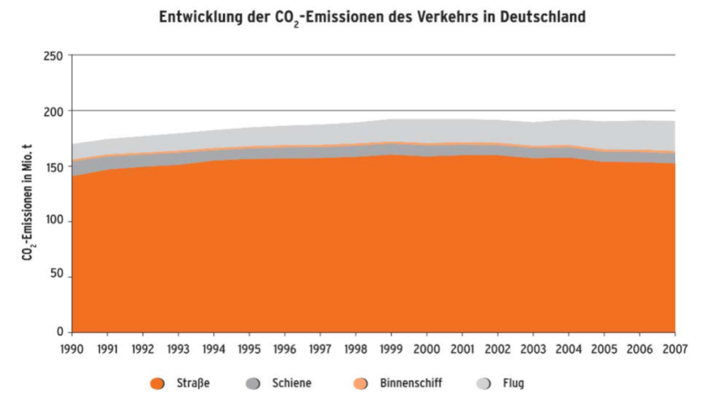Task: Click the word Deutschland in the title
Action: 542,16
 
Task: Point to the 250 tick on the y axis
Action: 53,55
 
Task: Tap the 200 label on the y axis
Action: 53,111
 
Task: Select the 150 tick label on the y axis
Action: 53,166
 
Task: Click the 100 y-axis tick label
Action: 53,221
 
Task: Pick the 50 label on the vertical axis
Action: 56,277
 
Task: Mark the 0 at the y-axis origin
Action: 60,332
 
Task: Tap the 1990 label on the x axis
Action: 72,349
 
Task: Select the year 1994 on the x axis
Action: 214,349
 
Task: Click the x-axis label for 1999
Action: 391,349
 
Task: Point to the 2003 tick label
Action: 533,349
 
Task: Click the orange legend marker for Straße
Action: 158,384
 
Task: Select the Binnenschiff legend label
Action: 411,383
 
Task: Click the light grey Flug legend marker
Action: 483,384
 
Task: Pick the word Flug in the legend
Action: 513,383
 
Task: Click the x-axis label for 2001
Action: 462,349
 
